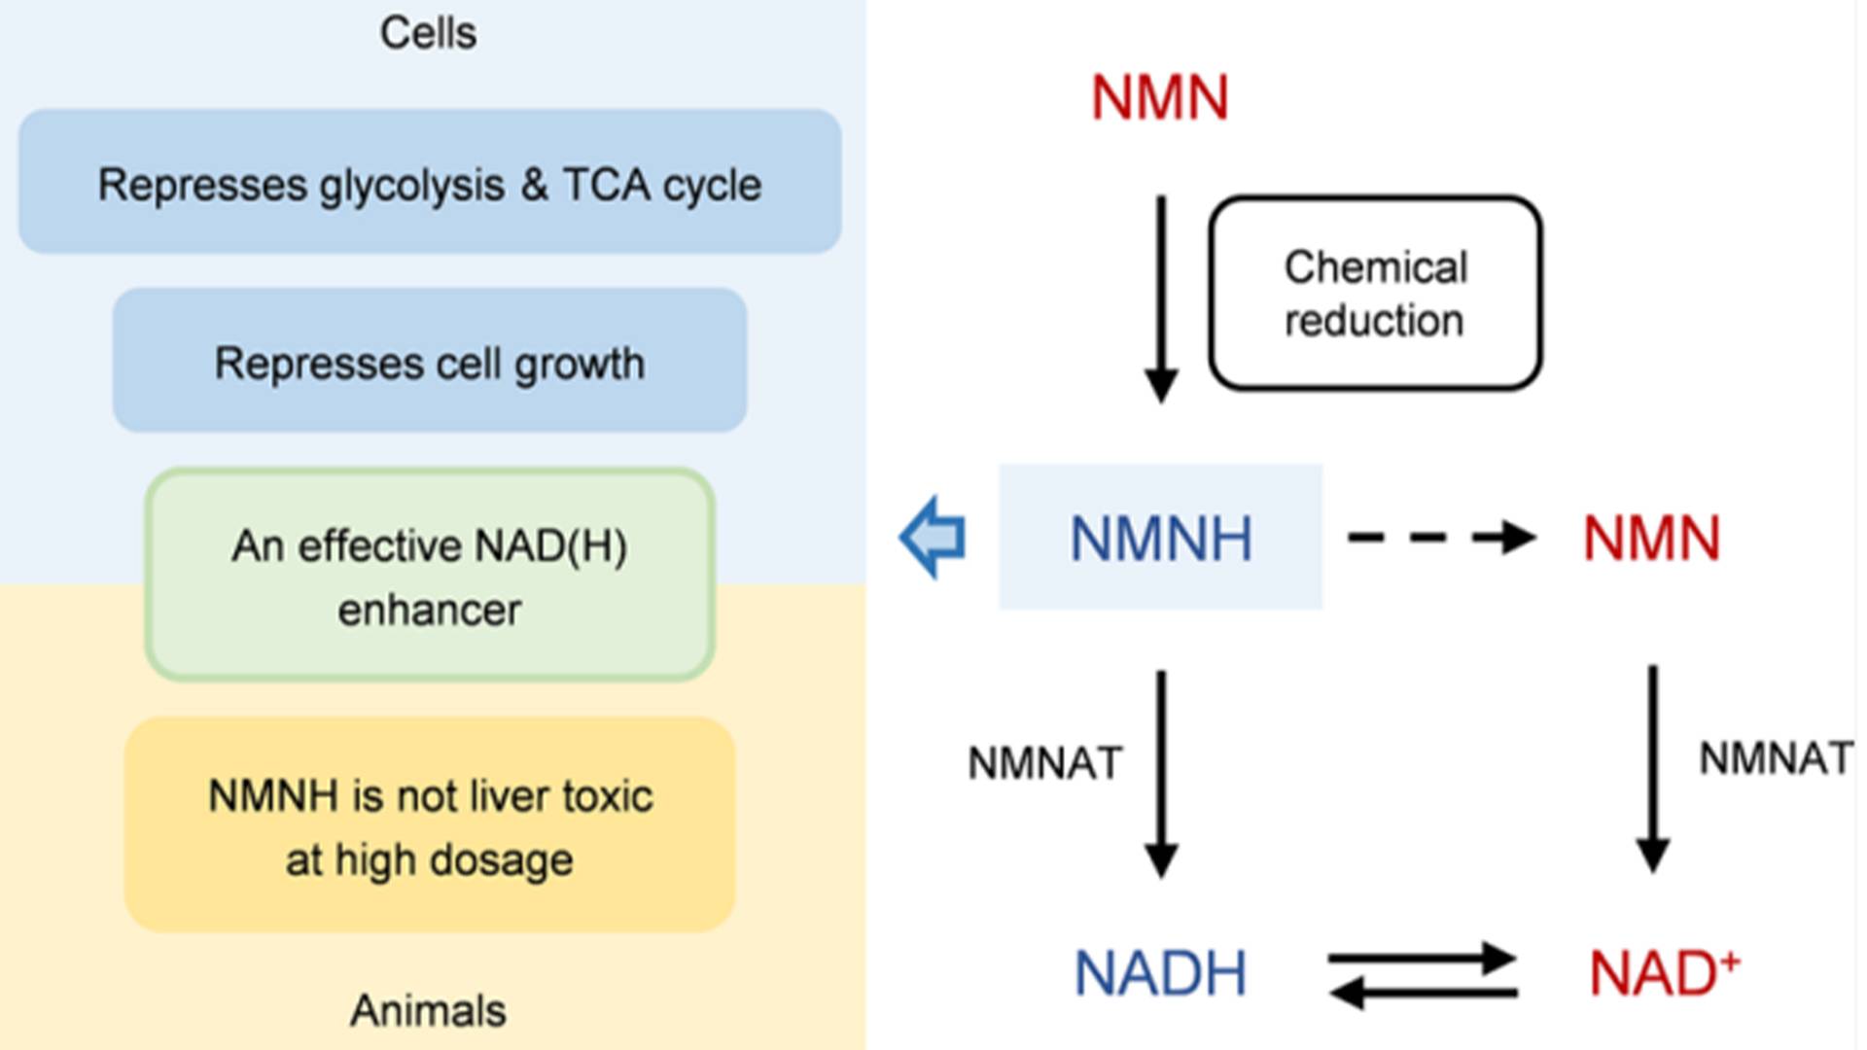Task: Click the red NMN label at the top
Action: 1159,98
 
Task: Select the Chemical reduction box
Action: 1375,294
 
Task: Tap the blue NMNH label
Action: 1160,539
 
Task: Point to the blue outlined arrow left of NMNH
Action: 933,538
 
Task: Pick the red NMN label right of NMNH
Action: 1651,539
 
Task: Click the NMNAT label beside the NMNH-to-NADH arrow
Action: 1044,763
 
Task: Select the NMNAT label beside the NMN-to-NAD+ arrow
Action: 1776,758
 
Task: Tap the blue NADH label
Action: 1160,973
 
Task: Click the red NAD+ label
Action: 1663,973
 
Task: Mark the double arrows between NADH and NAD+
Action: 1423,975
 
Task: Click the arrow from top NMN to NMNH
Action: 1161,297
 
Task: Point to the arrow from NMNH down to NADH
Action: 1161,773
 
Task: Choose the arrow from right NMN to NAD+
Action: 1652,768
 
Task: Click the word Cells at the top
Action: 428,34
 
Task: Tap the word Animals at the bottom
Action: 428,1011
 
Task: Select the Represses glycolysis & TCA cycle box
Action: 430,182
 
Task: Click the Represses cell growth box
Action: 430,361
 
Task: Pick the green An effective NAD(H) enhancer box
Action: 430,576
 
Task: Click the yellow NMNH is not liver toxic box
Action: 430,825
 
